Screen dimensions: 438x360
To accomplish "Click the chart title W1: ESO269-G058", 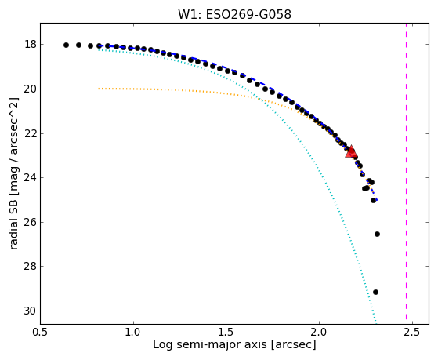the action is point(234,15).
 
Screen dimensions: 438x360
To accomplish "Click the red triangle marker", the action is point(351,152).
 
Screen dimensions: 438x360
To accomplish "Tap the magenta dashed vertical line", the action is point(406,171).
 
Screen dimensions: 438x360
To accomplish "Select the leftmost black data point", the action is point(66,45).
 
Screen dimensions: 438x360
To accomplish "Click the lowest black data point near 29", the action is point(375,292).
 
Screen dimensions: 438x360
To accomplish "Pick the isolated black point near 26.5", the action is point(377,234).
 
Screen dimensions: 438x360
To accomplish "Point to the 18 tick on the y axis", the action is point(31,44).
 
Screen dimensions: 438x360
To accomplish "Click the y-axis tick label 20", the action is point(31,89).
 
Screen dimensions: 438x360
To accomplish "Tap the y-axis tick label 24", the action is point(31,177).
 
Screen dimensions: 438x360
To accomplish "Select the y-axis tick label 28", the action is point(31,266).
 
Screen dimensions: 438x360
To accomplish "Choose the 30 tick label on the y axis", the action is point(31,311).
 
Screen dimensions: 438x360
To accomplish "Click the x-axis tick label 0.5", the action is point(41,332).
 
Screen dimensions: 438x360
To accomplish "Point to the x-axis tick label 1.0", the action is point(133,332).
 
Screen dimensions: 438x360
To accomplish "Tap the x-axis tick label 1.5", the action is point(226,332).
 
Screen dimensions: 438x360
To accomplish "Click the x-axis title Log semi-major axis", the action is point(209,345).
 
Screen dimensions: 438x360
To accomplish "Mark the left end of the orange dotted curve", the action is point(99,89).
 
